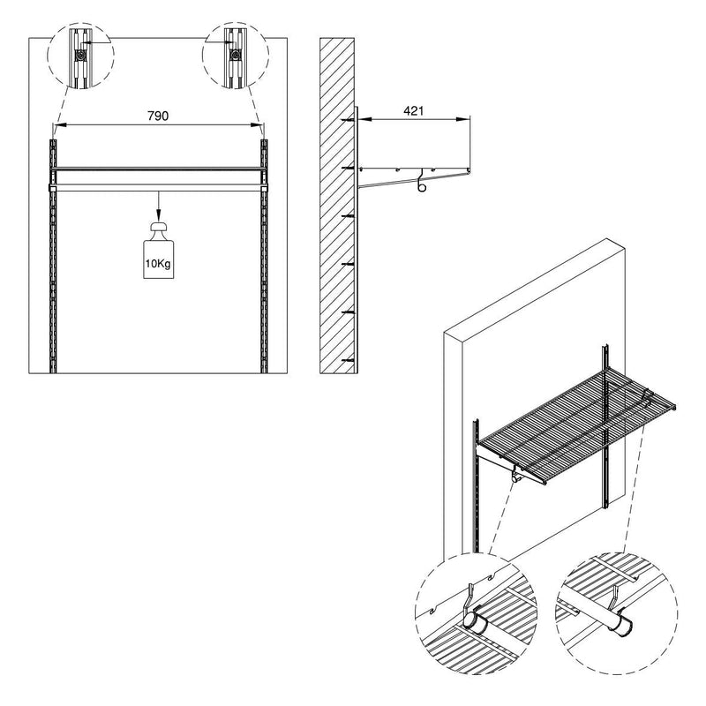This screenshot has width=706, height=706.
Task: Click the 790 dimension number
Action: pos(159,116)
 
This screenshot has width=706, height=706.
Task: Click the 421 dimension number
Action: pos(413,110)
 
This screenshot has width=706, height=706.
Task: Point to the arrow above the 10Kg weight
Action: pos(159,205)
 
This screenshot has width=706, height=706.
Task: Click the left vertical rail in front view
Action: pos(54,256)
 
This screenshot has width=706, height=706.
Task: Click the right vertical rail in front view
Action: pos(264,256)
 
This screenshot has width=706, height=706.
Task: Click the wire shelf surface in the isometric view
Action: pos(565,424)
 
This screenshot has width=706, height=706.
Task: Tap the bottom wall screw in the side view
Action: pos(349,361)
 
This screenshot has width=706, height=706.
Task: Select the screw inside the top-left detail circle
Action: pos(80,54)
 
